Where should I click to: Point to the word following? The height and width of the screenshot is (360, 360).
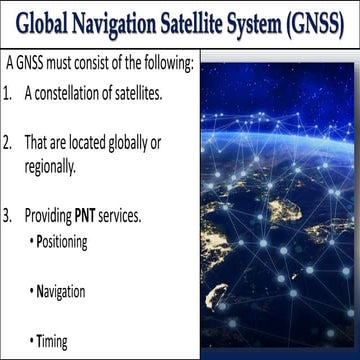point(166,62)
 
